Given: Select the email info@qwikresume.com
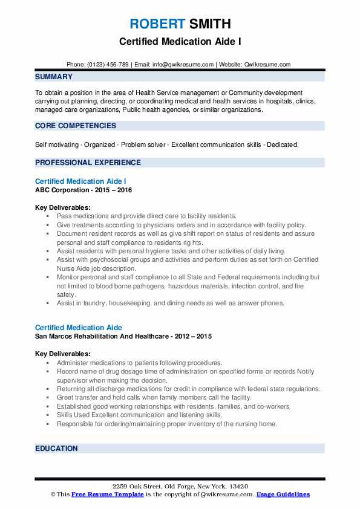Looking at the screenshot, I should coord(182,65).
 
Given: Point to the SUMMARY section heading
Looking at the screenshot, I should coord(54,77).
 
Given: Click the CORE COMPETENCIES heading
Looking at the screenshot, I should coord(76,126).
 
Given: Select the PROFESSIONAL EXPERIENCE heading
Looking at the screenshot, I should coord(88,163).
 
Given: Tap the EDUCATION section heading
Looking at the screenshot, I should coord(57,449).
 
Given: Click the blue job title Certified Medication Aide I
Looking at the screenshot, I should coord(80,181).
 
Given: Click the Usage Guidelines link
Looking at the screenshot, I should coord(283,494).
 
